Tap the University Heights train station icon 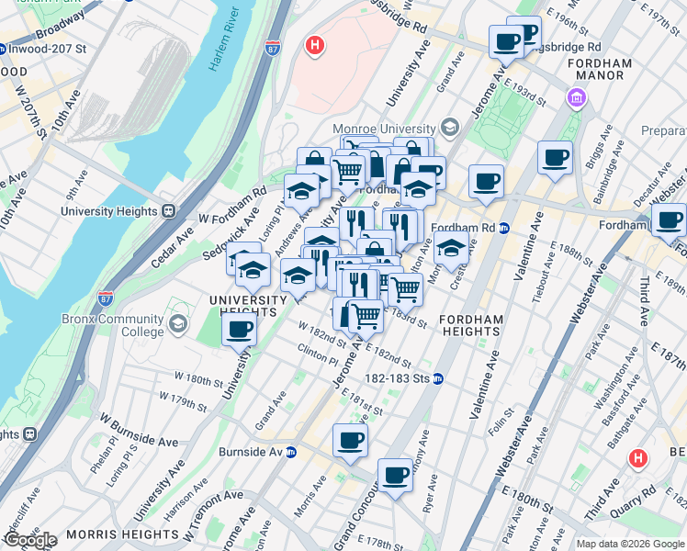168,211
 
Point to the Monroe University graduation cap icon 450,127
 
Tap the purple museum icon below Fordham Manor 577,97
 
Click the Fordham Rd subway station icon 503,229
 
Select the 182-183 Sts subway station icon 439,378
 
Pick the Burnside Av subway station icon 291,452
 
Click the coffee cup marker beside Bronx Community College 240,329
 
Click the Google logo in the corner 30,540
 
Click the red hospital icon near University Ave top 315,46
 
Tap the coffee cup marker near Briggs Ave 555,158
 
